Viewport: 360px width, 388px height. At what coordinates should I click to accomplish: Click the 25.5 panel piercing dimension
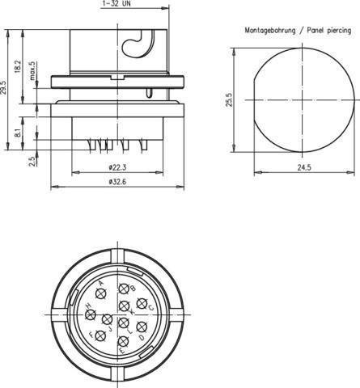pyautogui.click(x=229, y=100)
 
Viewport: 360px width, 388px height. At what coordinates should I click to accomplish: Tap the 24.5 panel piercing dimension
pyautogui.click(x=304, y=167)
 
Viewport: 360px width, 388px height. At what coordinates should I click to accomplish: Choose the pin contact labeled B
pyautogui.click(x=124, y=290)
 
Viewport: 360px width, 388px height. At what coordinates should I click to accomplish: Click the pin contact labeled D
pyautogui.click(x=142, y=327)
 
